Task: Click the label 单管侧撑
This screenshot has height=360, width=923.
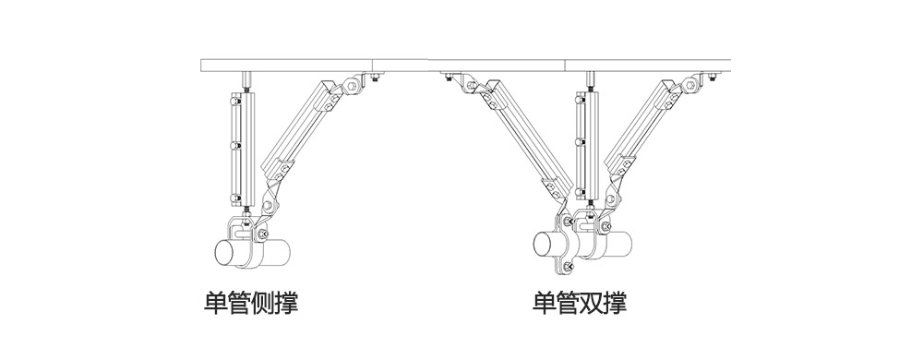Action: pos(250,304)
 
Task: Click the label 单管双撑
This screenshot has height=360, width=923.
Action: pos(581,304)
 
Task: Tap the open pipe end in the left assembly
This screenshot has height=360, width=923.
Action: pos(225,252)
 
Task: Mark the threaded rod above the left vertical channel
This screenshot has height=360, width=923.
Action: pos(246,81)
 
